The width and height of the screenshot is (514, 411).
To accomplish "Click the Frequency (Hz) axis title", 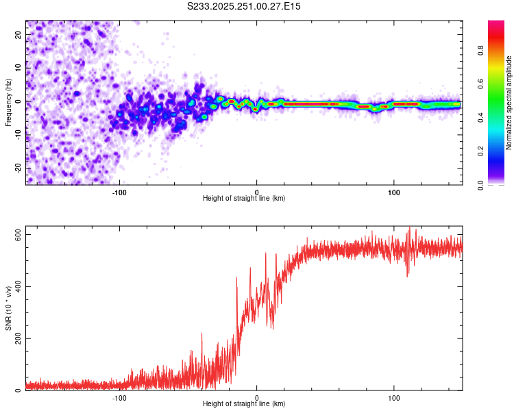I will coord(8,102).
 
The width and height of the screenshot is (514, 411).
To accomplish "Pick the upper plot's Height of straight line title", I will coord(244,198).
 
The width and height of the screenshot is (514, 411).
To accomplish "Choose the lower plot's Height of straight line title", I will coord(244,403).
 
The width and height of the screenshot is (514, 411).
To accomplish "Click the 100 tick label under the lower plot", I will coord(394,397).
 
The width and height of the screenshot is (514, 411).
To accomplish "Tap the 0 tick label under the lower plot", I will coord(257,397).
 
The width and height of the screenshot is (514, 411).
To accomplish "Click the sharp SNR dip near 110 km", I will coord(408,275).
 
